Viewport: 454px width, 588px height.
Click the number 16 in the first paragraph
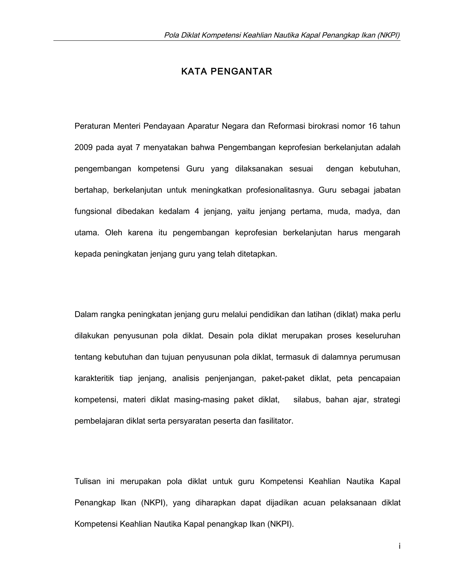pos(372,126)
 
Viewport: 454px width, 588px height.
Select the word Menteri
pos(126,126)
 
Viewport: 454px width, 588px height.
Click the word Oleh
pos(113,233)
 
